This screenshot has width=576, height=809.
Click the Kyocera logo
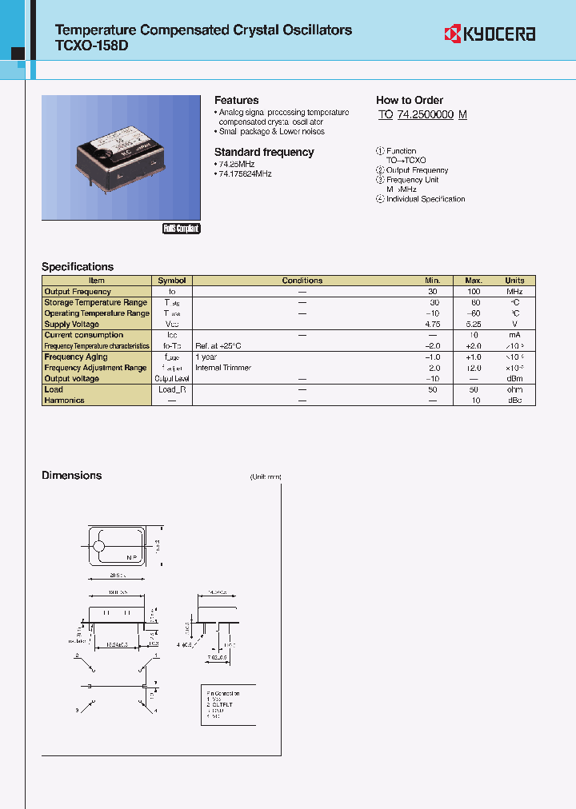pos(490,34)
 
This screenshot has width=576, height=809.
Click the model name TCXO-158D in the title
pos(90,46)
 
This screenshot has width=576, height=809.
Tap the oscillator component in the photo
pos(119,157)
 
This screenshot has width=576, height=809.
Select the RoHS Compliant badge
pos(182,229)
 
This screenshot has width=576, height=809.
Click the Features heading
pos(236,100)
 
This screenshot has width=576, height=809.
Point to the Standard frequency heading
pos(264,152)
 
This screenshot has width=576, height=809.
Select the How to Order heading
pos(410,100)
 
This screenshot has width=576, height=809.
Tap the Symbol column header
pos(172,281)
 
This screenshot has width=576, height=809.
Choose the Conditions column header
pos(302,281)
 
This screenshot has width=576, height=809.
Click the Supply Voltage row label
pos(72,325)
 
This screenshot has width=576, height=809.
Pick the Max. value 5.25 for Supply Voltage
pos(474,325)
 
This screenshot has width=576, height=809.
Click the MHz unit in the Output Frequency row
pos(514,292)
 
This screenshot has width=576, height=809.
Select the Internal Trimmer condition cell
pos(223,368)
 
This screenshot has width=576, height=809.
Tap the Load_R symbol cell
pos(172,389)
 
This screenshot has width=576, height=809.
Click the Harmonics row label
pos(64,401)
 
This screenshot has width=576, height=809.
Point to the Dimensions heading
pos(72,476)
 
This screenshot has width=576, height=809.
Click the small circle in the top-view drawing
pos(99,547)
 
